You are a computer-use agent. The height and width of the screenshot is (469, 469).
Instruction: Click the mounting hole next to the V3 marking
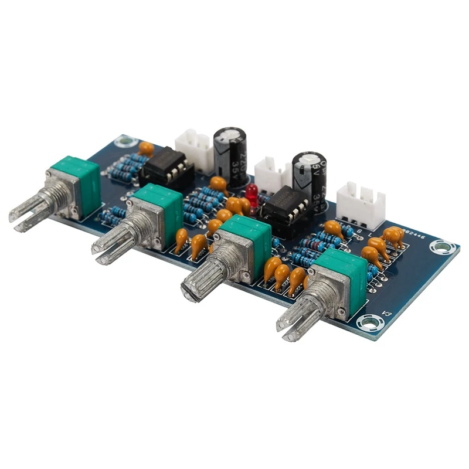(368, 321)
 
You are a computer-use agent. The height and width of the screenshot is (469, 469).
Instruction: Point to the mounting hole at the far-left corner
(124, 141)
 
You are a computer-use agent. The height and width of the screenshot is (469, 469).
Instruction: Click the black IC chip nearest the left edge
(166, 165)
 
